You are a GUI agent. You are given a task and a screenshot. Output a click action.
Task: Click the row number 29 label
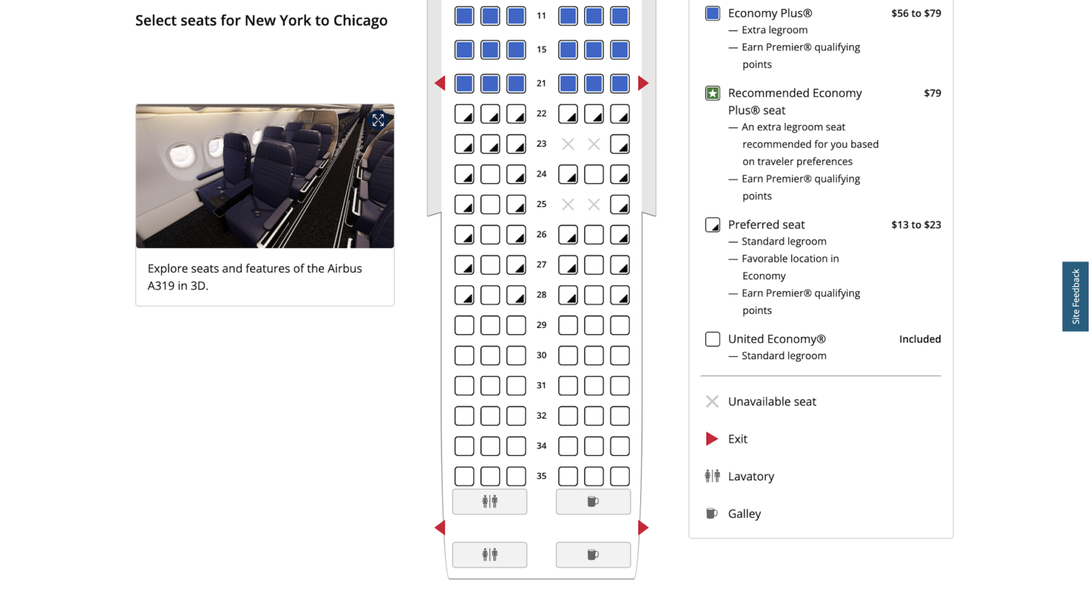tap(541, 325)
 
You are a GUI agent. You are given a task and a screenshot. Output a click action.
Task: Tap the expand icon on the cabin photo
tap(378, 120)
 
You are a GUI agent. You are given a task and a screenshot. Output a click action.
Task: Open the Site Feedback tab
tap(1075, 296)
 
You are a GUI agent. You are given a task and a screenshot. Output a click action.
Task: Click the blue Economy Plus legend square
tap(713, 13)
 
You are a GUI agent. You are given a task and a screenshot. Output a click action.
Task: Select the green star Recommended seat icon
tap(713, 93)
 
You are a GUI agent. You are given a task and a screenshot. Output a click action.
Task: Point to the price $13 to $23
tap(915, 224)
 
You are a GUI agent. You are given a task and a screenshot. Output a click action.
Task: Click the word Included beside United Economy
tap(920, 339)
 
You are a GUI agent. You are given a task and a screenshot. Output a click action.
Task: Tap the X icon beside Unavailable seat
tap(712, 402)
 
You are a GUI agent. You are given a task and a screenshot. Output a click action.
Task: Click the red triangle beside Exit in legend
tap(712, 439)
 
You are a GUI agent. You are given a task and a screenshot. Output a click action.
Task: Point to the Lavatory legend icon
tap(712, 476)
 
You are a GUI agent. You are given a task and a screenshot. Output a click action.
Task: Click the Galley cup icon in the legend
tap(712, 513)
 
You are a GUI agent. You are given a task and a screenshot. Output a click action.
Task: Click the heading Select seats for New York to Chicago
tap(261, 21)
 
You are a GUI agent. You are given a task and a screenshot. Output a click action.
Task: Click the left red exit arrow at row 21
tap(440, 84)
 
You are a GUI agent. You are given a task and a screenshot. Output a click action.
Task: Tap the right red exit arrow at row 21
tap(643, 84)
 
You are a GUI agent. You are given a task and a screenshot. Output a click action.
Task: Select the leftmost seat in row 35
tap(464, 476)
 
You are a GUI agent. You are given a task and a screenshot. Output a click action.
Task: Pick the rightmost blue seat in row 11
tap(620, 16)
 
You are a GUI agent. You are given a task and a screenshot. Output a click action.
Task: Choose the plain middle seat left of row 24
tap(490, 174)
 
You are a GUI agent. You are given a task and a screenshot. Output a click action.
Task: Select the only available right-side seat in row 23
tap(620, 144)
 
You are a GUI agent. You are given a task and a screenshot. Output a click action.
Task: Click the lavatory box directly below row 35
tap(489, 501)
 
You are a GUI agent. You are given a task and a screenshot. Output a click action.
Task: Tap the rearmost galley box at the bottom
tap(593, 555)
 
